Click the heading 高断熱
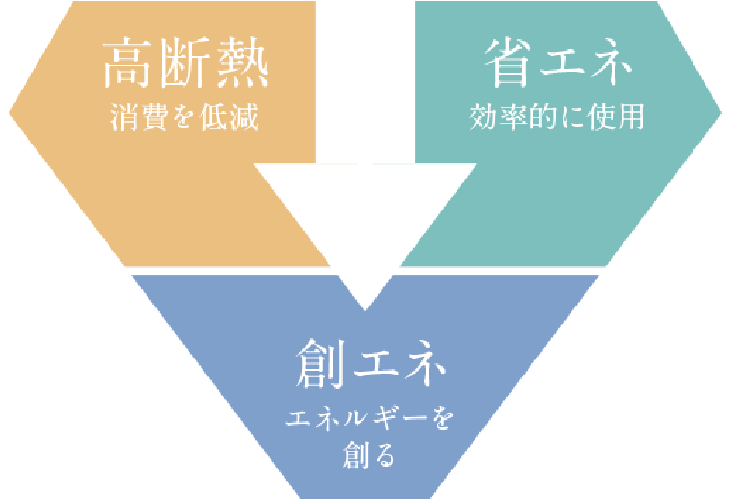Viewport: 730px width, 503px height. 185,62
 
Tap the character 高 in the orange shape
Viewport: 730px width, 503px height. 127,62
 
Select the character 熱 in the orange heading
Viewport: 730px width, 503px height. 242,62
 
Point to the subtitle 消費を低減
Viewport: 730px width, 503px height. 184,117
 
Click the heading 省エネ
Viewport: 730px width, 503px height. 558,63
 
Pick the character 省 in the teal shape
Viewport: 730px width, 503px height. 507,63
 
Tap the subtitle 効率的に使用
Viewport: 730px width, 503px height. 557,117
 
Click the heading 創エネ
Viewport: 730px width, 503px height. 371,363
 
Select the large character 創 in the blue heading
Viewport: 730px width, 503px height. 320,363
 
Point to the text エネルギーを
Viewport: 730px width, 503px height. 369,418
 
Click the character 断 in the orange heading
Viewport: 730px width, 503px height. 184,62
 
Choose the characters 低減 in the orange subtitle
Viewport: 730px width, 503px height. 229,117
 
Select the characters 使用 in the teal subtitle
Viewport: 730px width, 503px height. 616,117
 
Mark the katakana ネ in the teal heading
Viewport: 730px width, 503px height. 611,63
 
